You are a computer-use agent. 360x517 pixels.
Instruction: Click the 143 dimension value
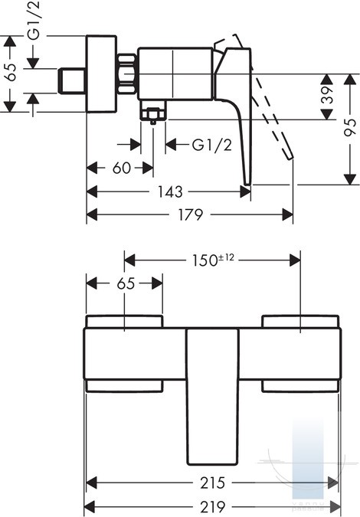(170, 191)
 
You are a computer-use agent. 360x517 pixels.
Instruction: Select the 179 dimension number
(191, 214)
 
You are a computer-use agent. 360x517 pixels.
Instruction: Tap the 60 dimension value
(122, 168)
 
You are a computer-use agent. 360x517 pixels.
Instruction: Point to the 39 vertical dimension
(327, 95)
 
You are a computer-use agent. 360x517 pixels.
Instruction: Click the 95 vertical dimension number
(350, 127)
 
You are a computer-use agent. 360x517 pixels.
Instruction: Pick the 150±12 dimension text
(213, 260)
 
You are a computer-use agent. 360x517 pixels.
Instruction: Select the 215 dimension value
(213, 483)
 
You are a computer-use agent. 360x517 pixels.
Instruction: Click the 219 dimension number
(213, 506)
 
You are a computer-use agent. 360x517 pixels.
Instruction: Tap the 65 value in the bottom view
(126, 283)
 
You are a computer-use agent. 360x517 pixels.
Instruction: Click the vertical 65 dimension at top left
(11, 72)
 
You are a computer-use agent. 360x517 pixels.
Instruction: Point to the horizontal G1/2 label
(212, 145)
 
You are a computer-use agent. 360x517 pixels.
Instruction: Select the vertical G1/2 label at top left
(34, 21)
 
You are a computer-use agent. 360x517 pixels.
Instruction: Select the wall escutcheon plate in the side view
(101, 74)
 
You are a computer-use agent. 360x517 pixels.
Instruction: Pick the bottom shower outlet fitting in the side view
(152, 112)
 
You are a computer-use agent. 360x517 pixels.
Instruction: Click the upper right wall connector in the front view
(300, 321)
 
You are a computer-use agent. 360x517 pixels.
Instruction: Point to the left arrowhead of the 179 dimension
(92, 214)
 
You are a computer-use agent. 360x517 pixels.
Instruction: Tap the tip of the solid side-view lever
(247, 185)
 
